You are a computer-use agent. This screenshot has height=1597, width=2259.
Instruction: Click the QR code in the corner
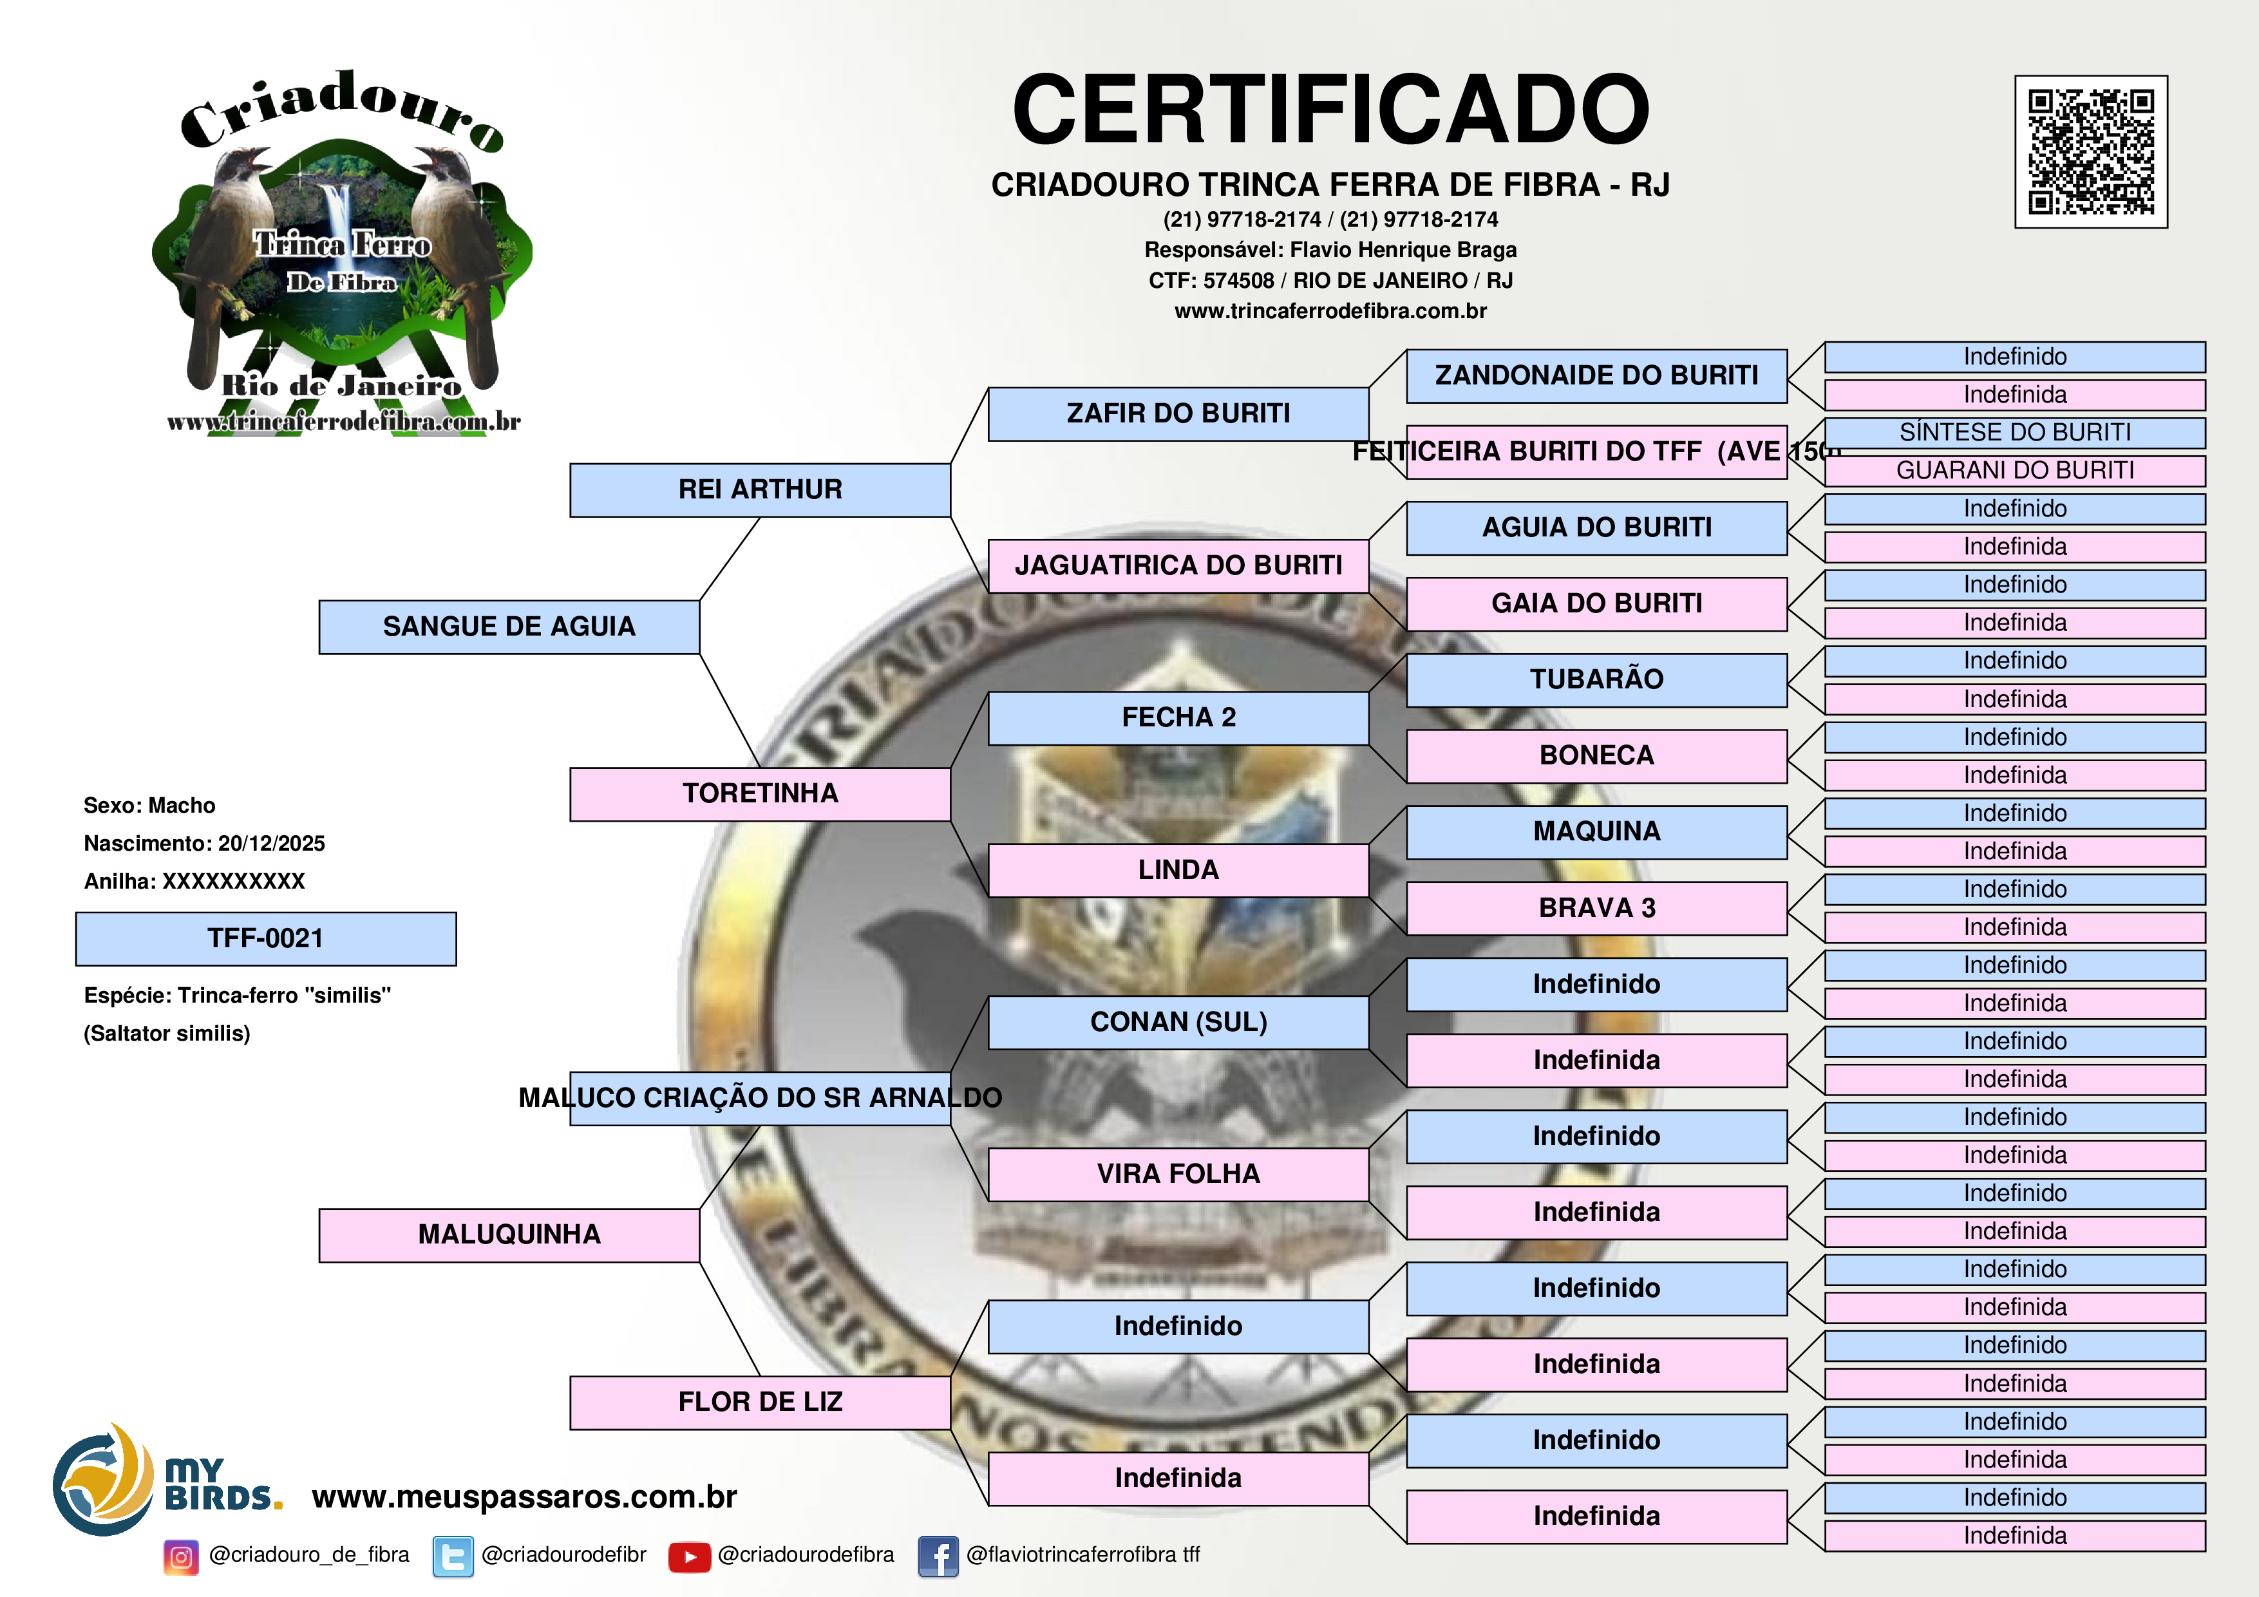[x=2091, y=151]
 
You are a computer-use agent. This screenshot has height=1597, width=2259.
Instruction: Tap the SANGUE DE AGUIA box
[x=509, y=627]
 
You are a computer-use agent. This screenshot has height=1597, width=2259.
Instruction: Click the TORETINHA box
[x=760, y=794]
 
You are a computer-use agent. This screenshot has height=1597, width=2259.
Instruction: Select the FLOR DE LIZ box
[x=760, y=1402]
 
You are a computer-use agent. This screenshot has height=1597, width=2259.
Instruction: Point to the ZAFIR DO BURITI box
[x=1178, y=414]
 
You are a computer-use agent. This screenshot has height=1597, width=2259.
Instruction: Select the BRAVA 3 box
[x=1596, y=908]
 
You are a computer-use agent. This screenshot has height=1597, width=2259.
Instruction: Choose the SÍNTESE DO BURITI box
[x=2015, y=433]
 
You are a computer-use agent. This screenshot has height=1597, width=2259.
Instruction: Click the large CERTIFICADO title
[x=1330, y=110]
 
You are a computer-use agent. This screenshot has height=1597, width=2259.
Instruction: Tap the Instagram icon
[x=181, y=1556]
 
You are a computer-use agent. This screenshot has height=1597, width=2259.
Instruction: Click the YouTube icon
[x=690, y=1556]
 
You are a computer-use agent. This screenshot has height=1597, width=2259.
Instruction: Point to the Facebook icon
[x=938, y=1556]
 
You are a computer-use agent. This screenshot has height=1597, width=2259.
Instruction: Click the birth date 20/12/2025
[x=272, y=844]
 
